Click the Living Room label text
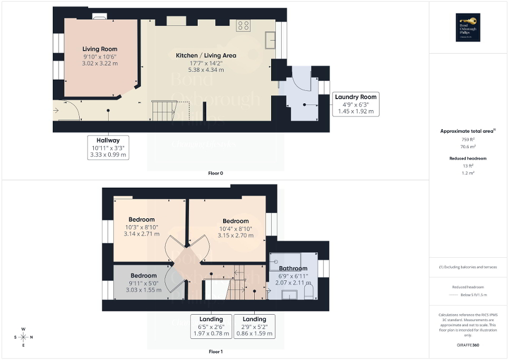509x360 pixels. [x=100, y=49]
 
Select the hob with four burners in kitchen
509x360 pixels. [x=243, y=26]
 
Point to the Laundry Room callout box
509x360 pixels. [x=356, y=104]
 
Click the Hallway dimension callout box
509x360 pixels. [x=108, y=147]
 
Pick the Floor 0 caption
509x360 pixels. [x=216, y=173]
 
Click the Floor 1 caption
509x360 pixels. [x=216, y=351]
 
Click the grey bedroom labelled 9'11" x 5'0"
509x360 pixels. [x=143, y=283]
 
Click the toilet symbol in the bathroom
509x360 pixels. [x=309, y=291]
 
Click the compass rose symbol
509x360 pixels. [x=23, y=337]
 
